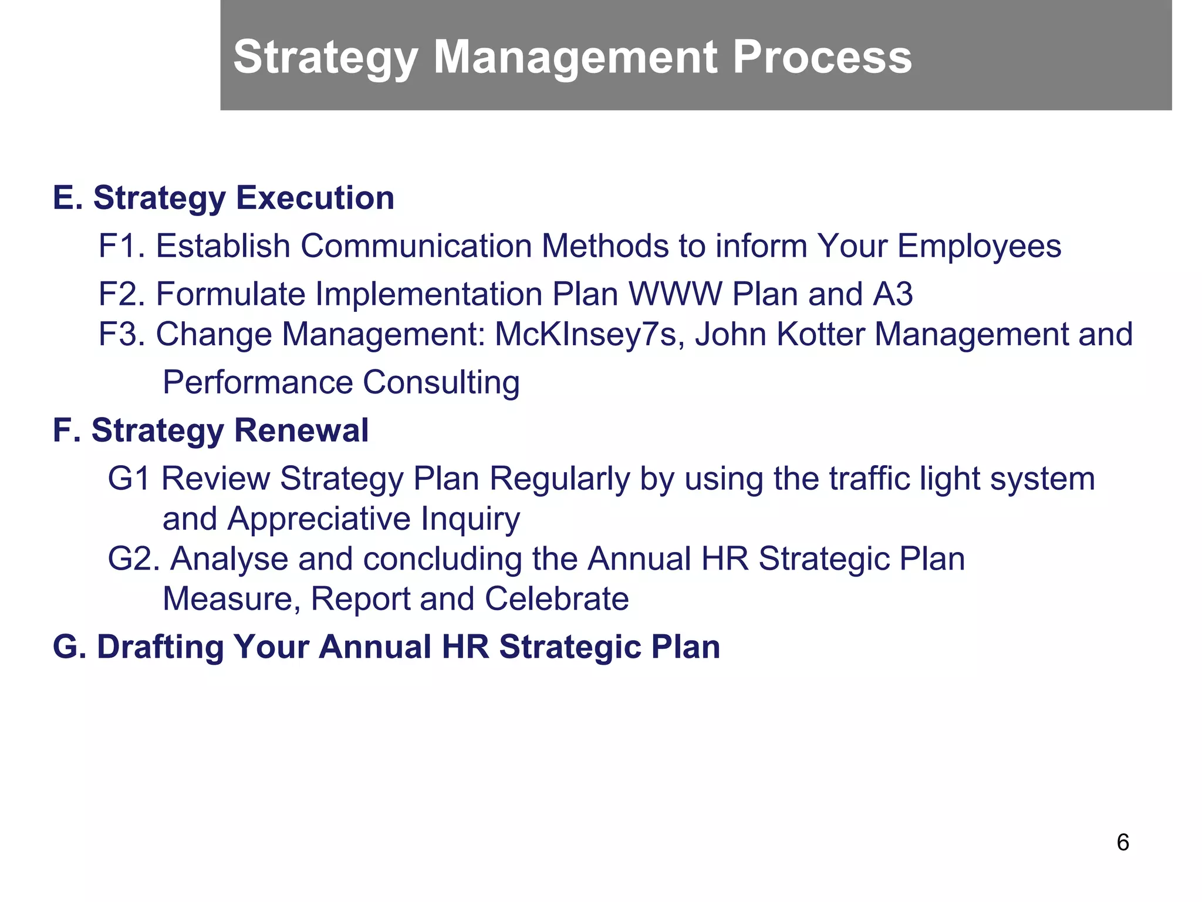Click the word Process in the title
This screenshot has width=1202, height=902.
(x=822, y=57)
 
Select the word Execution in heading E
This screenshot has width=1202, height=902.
(x=315, y=198)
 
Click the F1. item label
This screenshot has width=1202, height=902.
(x=121, y=245)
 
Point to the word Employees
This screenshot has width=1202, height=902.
(x=979, y=247)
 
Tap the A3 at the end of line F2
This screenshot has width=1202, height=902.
(x=893, y=294)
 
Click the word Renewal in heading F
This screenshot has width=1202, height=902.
(x=302, y=430)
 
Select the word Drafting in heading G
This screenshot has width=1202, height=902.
(x=160, y=647)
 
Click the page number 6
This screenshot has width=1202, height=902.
(x=1122, y=843)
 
